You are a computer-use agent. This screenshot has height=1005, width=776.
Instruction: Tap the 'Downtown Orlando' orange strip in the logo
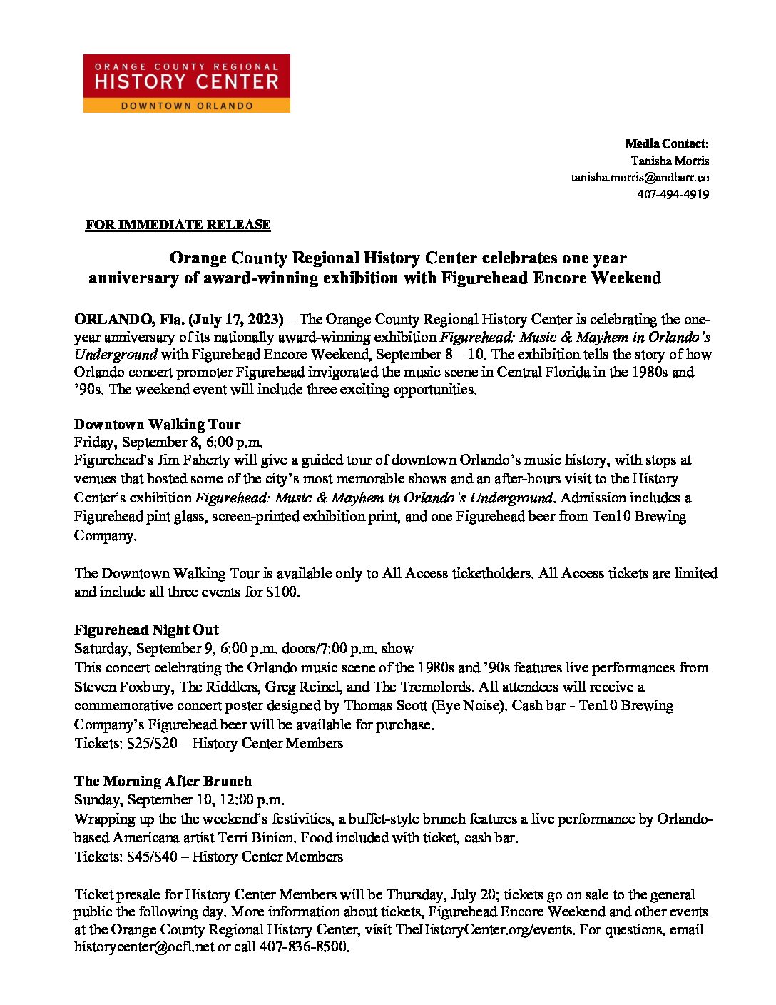coord(187,106)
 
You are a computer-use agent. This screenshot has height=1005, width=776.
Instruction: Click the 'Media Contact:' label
coord(667,143)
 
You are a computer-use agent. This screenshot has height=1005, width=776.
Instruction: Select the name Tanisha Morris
coord(670,161)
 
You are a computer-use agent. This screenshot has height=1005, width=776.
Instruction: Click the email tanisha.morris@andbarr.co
coord(639,177)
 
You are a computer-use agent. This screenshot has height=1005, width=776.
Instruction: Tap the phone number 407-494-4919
coord(673,194)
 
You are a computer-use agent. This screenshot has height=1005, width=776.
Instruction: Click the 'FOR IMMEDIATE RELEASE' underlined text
coord(178,225)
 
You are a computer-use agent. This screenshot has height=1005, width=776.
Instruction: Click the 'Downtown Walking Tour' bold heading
coord(157,425)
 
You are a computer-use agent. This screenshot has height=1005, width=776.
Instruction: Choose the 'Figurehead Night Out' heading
coord(146,630)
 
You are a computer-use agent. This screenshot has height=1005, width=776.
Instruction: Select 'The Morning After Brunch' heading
coord(163,781)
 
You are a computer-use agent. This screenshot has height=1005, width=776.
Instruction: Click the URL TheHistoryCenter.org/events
coord(484,929)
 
